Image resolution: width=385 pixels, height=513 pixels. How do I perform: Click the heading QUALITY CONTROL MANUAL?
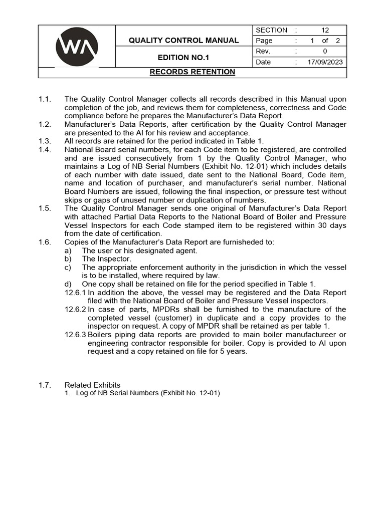click(183, 40)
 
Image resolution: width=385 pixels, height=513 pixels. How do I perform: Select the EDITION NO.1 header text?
click(183, 58)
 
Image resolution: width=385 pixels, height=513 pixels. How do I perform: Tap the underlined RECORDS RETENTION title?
click(192, 72)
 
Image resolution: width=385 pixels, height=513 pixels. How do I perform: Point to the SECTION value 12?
click(325, 30)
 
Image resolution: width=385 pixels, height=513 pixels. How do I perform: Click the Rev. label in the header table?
click(263, 51)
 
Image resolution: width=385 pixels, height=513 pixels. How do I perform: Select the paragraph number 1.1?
click(45, 99)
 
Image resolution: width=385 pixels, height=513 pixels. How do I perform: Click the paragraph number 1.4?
click(45, 149)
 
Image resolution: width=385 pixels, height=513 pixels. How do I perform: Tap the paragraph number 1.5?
click(45, 208)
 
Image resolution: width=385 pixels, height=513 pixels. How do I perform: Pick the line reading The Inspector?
click(107, 259)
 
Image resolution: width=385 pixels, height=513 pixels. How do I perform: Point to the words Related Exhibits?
click(93, 385)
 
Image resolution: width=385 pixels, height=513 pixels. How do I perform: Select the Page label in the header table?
click(264, 41)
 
